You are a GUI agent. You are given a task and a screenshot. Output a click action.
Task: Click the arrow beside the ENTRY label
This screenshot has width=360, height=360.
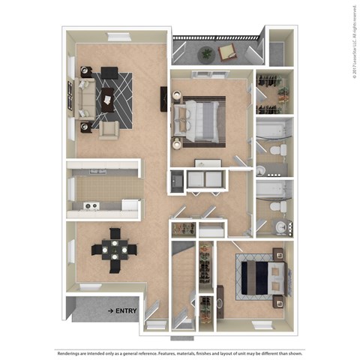pyautogui.click(x=109, y=310)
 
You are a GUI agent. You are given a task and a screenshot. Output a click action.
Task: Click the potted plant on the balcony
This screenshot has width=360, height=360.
pyautogui.click(x=205, y=52)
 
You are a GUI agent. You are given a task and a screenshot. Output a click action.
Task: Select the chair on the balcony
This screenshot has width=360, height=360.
pyautogui.click(x=226, y=51)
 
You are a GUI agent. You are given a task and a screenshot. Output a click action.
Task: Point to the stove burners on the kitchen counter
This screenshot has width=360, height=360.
pyautogui.click(x=90, y=205)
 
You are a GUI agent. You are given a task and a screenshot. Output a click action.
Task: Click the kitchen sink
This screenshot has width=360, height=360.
pyautogui.click(x=98, y=172)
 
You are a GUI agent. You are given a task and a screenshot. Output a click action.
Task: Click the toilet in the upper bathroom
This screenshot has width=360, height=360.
pyautogui.click(x=275, y=151)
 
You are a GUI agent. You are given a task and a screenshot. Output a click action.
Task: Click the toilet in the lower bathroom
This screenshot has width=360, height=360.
pyautogui.click(x=276, y=205)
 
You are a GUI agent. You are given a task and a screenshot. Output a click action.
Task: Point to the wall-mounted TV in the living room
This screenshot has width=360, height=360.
pyautogui.click(x=163, y=99)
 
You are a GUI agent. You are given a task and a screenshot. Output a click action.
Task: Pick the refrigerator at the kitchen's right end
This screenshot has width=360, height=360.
pyautogui.click(x=130, y=205)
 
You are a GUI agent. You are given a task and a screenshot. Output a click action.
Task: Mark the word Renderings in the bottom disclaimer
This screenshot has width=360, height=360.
pyautogui.click(x=71, y=352)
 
